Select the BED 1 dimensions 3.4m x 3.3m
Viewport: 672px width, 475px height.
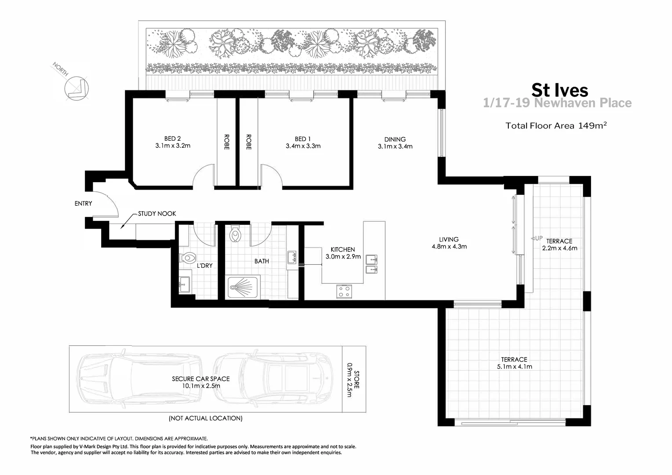click(x=303, y=146)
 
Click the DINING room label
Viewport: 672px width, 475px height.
click(x=394, y=139)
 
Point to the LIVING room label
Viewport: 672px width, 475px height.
click(x=449, y=239)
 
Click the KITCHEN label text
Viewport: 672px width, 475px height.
click(x=343, y=249)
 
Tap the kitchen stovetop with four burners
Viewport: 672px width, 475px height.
click(x=344, y=291)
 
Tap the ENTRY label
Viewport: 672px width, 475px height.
click(x=83, y=203)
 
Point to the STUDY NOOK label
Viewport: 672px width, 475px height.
click(x=157, y=214)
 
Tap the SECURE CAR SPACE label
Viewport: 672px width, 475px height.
click(x=201, y=378)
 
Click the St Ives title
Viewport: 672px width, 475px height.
click(x=559, y=90)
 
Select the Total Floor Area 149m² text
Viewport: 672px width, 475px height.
click(x=556, y=126)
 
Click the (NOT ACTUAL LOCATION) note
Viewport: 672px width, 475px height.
click(x=205, y=418)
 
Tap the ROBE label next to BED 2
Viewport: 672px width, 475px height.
click(x=226, y=142)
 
